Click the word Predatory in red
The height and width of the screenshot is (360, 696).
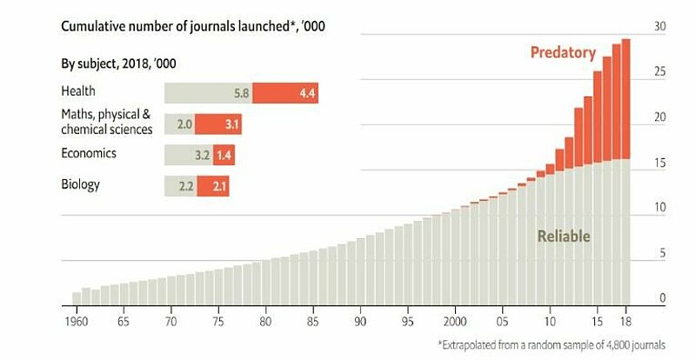(563, 53)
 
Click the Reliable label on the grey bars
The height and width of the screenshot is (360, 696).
(564, 237)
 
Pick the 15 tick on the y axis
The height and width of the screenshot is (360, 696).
(659, 163)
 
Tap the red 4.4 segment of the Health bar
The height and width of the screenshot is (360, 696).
(285, 92)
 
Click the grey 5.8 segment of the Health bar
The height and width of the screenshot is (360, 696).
(209, 92)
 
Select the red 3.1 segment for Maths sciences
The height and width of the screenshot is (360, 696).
(218, 124)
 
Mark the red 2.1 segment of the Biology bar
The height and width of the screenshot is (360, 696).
(213, 186)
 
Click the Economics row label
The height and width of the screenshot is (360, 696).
(88, 153)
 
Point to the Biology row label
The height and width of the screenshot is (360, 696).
(81, 184)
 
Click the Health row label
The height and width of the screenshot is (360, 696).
(78, 90)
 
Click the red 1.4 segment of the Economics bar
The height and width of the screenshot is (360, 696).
(224, 156)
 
